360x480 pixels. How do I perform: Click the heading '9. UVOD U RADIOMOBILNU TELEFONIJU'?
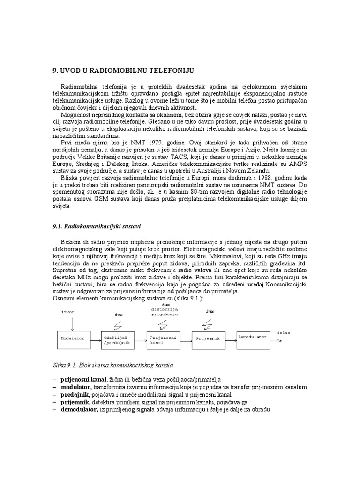click(122, 70)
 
